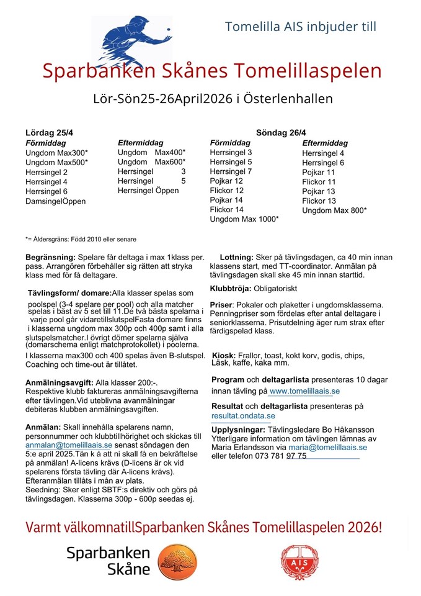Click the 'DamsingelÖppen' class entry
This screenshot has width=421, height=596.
click(x=56, y=201)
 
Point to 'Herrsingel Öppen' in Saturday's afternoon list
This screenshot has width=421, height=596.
click(x=148, y=191)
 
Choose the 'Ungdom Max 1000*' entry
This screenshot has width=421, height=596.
click(x=244, y=219)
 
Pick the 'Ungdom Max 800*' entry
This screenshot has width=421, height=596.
click(x=334, y=210)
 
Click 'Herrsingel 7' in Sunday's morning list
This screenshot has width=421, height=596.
click(x=231, y=171)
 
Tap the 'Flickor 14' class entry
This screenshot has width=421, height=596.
click(x=226, y=210)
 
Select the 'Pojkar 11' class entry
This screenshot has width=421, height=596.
click(x=319, y=172)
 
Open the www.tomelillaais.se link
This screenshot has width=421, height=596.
click(x=304, y=392)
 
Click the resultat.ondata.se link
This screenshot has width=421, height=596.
click(x=243, y=415)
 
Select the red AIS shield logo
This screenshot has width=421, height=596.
click(x=298, y=561)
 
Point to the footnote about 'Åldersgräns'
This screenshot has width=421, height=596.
click(x=81, y=239)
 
